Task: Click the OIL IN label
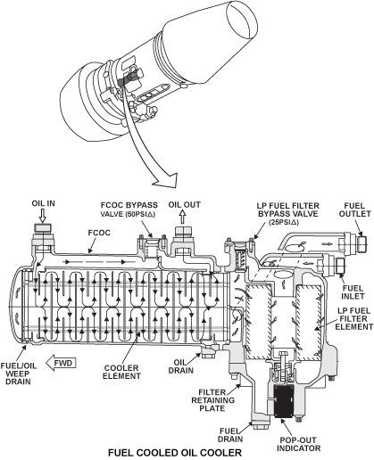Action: [44, 203]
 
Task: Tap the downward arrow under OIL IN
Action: [43, 216]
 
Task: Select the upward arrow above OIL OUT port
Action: [182, 218]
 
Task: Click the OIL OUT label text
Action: [185, 205]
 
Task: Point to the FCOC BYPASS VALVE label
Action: [129, 209]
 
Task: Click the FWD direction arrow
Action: [61, 363]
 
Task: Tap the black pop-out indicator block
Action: [284, 401]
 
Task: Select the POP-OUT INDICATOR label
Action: [298, 444]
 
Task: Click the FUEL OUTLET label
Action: [355, 209]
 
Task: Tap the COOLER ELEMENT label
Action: [121, 372]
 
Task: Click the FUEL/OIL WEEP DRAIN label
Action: [19, 374]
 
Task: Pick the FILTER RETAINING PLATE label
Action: [212, 400]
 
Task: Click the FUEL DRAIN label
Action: [231, 435]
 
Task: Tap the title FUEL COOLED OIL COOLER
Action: [175, 453]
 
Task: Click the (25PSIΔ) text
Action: [284, 222]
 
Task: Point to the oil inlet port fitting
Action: [43, 228]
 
